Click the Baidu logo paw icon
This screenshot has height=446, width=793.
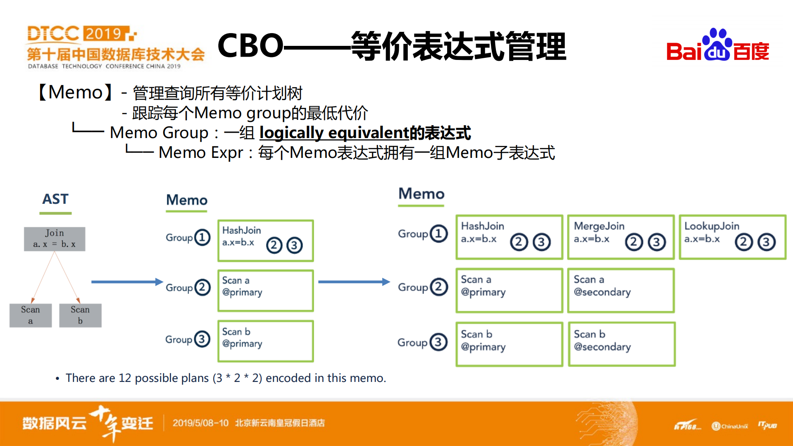coord(717,45)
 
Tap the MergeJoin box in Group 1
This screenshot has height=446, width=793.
coord(621,237)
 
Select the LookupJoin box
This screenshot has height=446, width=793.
coord(732,237)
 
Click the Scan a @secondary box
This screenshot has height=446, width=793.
coord(621,290)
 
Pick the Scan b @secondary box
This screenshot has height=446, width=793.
coord(622,344)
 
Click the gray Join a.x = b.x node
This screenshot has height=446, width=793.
coord(55,239)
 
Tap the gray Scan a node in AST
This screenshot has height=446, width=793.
coord(31,315)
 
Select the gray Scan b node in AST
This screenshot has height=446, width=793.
coord(80,315)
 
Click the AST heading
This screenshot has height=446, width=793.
coord(55,199)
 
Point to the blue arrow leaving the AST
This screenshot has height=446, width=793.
coord(126,282)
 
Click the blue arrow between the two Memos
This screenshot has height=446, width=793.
coord(354,282)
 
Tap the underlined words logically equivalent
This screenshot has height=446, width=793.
coord(334,133)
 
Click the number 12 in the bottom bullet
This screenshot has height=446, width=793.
coord(124,378)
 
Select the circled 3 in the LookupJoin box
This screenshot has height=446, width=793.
coord(766,242)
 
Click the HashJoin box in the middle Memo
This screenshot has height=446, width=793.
coord(265,241)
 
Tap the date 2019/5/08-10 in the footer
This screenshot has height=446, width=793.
coord(200,423)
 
